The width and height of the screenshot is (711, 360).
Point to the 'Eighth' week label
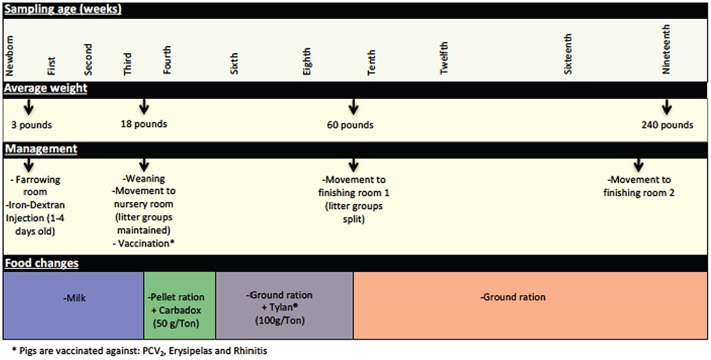307,61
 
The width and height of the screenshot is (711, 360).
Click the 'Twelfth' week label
444,59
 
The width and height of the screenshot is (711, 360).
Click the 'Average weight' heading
46,88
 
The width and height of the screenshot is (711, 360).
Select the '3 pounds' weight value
31,125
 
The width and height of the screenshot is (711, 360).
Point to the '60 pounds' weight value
350,125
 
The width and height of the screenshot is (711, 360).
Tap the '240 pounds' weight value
667,125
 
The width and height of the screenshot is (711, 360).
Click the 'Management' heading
41,149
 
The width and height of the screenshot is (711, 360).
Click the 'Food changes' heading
41,263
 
